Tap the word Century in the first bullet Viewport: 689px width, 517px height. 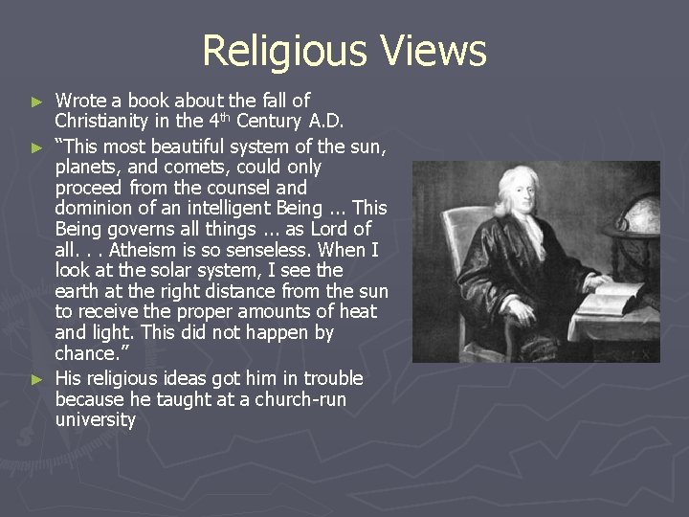[272, 122]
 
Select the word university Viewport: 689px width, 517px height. [96, 419]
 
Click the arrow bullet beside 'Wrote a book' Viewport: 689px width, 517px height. [37, 101]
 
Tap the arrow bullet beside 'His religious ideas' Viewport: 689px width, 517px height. [37, 378]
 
